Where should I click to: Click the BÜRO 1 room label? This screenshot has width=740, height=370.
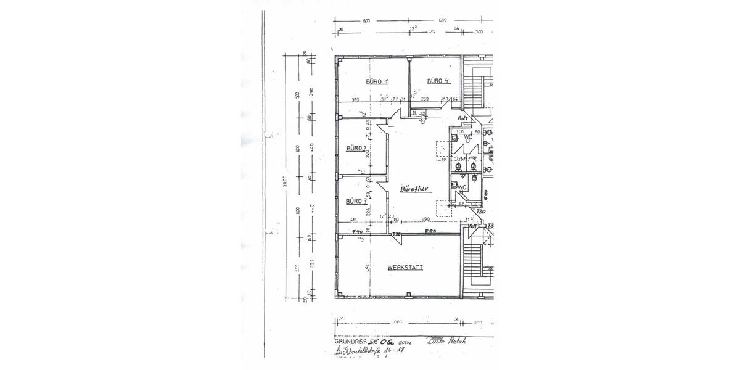(377, 81)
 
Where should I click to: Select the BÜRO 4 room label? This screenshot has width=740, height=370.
(438, 81)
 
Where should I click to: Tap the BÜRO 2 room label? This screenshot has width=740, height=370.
(356, 148)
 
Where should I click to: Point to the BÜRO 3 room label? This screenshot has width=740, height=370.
(356, 201)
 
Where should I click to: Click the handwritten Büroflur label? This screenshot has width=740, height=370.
(414, 189)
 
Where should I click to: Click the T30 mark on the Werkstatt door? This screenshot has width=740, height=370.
(398, 234)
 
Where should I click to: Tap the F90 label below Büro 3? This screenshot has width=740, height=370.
(357, 231)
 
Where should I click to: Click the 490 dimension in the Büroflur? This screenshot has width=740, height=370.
(425, 220)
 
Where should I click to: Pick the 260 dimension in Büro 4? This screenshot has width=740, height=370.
(425, 99)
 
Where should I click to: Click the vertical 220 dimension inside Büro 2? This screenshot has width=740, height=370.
(367, 154)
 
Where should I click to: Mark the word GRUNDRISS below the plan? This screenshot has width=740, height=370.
(350, 341)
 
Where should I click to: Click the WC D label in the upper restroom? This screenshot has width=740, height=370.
(467, 136)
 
